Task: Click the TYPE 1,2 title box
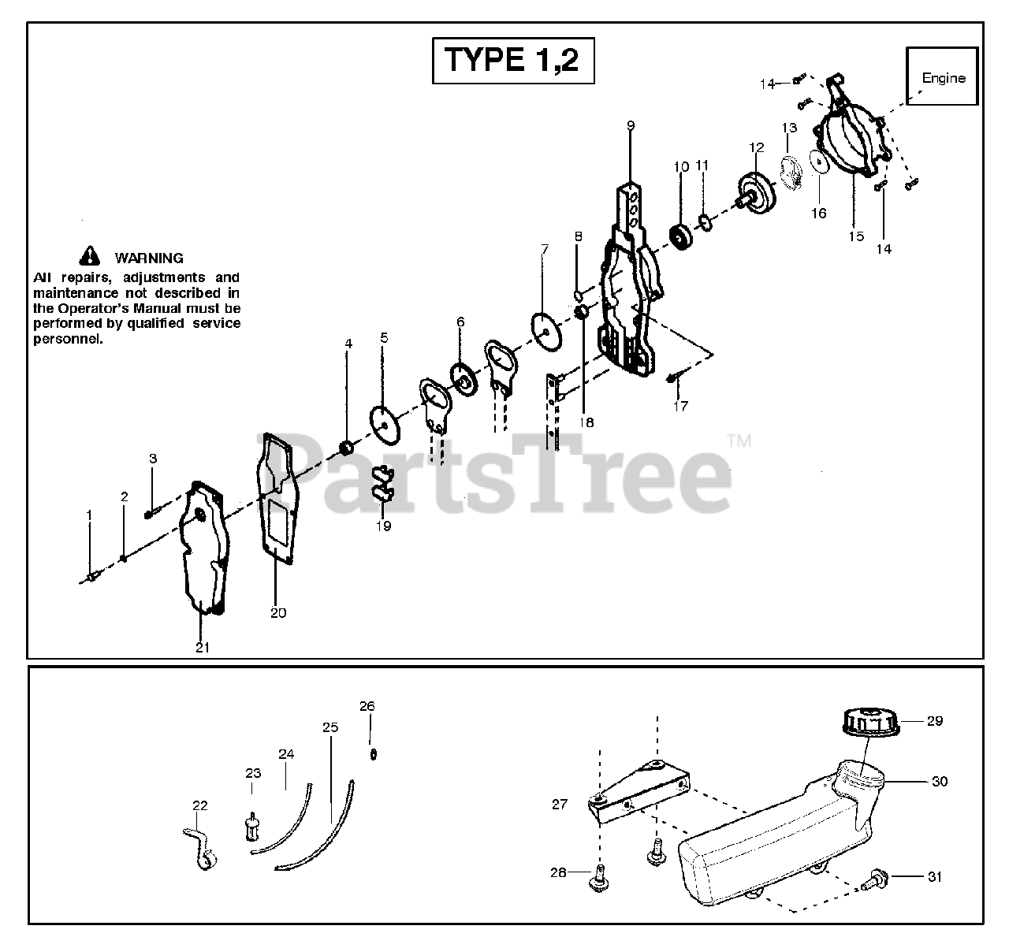pyautogui.click(x=513, y=61)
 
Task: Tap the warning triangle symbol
pyautogui.click(x=91, y=255)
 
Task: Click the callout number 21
pyautogui.click(x=203, y=647)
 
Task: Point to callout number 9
pyautogui.click(x=631, y=125)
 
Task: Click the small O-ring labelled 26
pyautogui.click(x=374, y=753)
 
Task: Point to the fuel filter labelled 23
pyautogui.click(x=253, y=826)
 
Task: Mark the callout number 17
pyautogui.click(x=680, y=406)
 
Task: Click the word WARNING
pyautogui.click(x=149, y=258)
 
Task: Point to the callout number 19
pyautogui.click(x=383, y=526)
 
